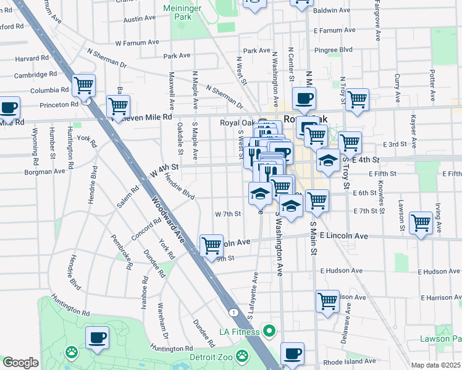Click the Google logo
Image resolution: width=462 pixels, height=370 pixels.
20,362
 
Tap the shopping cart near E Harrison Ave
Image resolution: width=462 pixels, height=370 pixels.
327,301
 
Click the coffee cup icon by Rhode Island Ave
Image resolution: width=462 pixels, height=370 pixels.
292,354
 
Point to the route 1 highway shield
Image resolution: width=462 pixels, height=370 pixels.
233,313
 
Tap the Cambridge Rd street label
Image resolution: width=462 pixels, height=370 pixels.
36,74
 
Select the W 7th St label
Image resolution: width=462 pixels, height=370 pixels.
227,214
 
